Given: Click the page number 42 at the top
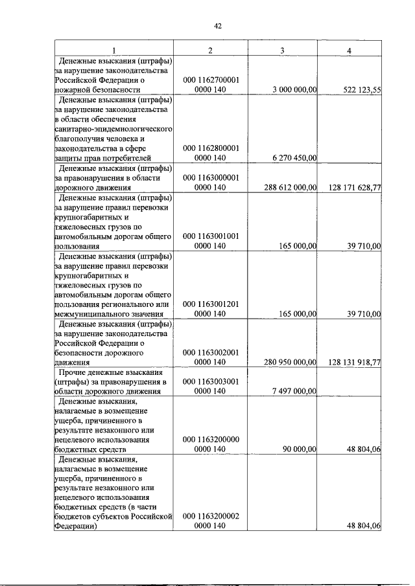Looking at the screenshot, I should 218,26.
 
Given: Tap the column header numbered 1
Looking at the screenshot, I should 114,51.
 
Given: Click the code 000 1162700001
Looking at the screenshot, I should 211,80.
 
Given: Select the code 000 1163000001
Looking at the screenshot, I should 211,177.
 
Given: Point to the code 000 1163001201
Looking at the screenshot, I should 211,304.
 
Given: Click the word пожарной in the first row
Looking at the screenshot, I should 73,90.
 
